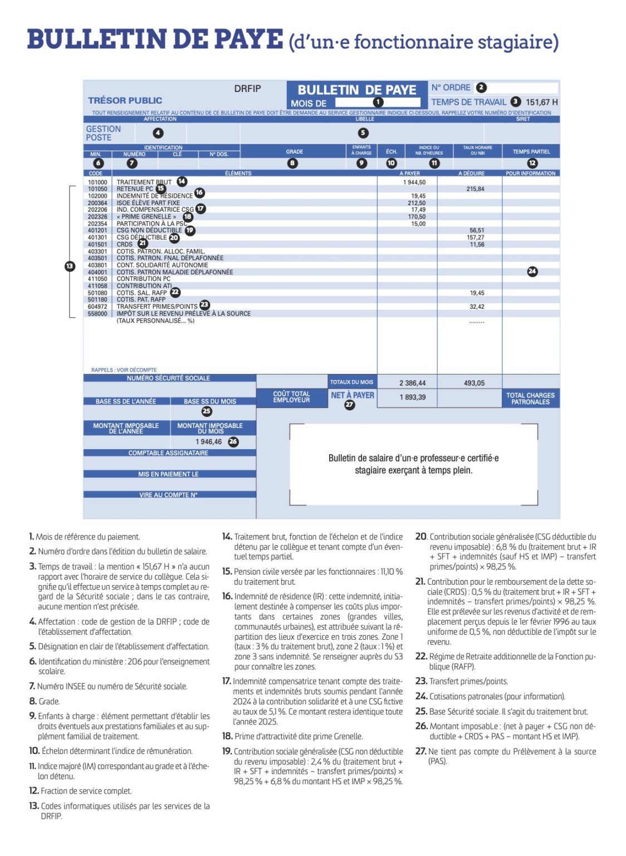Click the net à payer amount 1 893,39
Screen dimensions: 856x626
tap(412, 397)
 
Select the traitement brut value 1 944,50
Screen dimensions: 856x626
tap(414, 182)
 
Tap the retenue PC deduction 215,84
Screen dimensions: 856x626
tap(475, 189)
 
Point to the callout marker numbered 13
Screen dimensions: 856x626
tap(70, 266)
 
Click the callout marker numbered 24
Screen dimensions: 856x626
tap(532, 271)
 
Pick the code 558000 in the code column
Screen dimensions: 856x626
tap(97, 314)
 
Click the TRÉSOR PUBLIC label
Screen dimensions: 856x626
tap(125, 100)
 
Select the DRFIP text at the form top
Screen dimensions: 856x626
tap(247, 89)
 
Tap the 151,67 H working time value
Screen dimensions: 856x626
tap(541, 102)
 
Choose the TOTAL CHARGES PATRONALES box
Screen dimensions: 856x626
tap(530, 398)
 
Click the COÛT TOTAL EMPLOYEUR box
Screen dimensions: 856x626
tap(291, 397)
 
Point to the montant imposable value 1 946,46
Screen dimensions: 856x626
tap(209, 442)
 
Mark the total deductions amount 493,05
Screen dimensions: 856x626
tap(474, 383)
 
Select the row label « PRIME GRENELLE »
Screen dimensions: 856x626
tap(146, 217)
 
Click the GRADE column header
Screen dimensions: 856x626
tap(295, 152)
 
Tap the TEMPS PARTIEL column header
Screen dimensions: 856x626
tap(531, 152)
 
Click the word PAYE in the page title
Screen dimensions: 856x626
tap(248, 40)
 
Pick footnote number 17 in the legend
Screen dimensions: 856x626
tap(227, 681)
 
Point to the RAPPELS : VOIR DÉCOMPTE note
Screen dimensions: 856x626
tap(124, 370)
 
